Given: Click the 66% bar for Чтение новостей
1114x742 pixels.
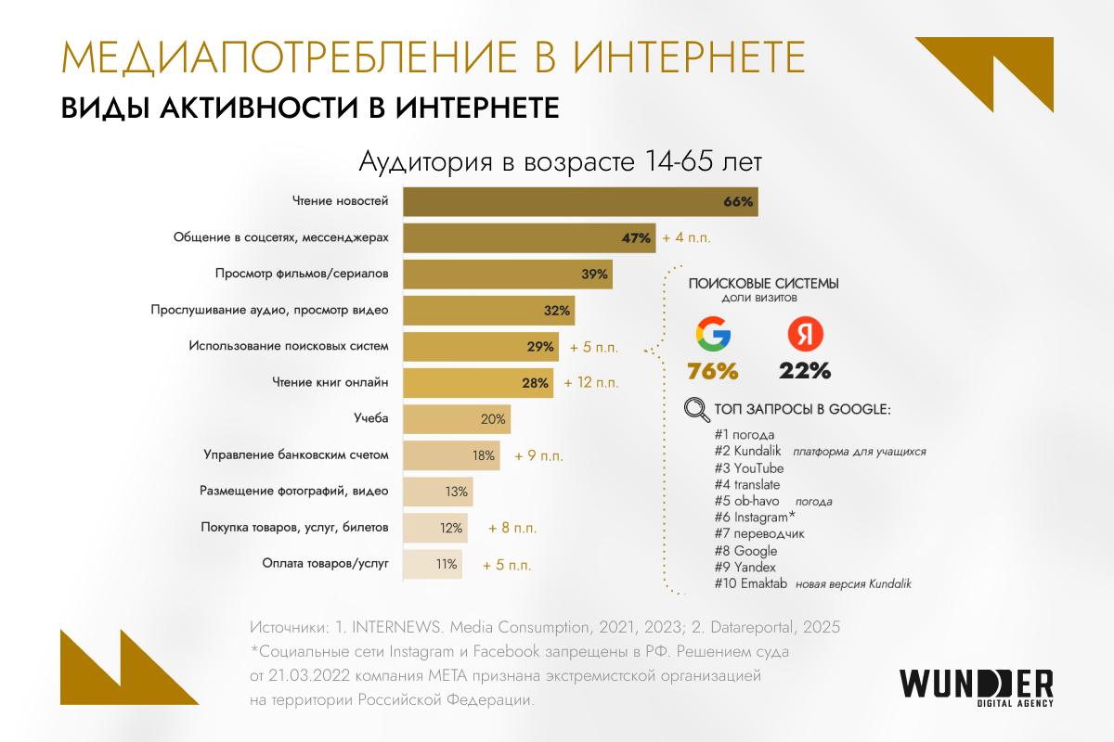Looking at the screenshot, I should (580, 202).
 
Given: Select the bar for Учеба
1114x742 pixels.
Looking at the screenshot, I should (456, 419).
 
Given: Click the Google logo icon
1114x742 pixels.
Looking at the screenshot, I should (713, 335).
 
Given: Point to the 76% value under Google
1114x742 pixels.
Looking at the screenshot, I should (713, 372).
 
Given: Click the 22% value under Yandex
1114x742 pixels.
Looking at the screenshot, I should (805, 372).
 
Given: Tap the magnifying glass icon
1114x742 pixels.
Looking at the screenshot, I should (693, 408).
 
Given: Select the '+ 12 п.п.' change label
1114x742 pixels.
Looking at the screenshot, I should (589, 382).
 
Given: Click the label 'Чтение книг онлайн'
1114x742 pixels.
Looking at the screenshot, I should (330, 382).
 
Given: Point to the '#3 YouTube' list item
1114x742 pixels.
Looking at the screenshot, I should (749, 467).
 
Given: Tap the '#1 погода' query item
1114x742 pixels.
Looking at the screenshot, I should (745, 434).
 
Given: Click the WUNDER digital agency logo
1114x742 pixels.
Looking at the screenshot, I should (976, 684).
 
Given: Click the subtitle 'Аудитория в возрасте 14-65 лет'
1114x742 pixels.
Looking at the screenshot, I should (560, 164).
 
